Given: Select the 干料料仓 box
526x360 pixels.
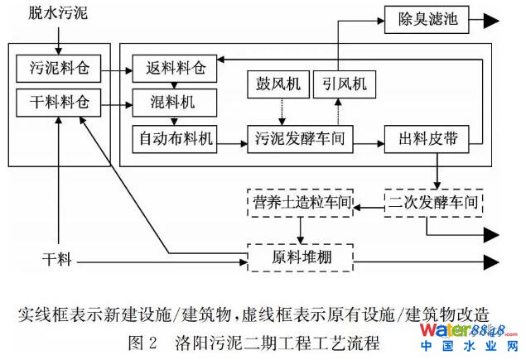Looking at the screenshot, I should [57, 104].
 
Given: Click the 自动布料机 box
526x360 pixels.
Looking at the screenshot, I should [174, 138].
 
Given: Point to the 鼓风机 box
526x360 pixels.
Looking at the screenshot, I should [279, 83].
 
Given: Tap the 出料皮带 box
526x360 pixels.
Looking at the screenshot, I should [427, 138].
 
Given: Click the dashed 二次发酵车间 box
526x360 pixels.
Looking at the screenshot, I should [433, 202].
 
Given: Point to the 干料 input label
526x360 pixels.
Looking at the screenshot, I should [57, 261].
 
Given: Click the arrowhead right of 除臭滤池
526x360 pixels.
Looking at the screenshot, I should [490, 17].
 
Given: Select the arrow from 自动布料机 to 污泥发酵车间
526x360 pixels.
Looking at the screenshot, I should [232, 138].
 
